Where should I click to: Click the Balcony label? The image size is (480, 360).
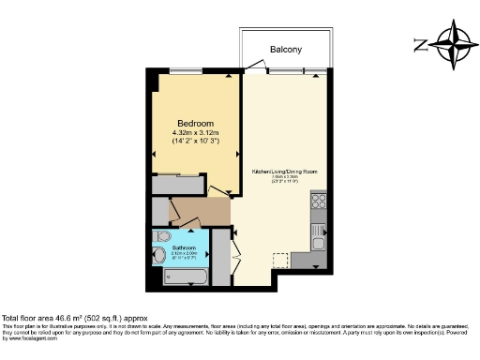(x=286, y=49)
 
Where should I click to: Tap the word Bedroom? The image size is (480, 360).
(x=196, y=124)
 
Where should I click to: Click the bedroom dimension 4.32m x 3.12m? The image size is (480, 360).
(x=196, y=133)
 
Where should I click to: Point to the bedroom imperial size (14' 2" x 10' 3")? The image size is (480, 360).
(x=196, y=142)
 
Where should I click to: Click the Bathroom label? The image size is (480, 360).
(x=184, y=247)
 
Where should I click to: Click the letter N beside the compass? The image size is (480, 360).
(x=421, y=44)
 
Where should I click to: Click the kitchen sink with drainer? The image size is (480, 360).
(x=319, y=234)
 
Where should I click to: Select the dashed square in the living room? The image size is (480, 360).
(x=279, y=260)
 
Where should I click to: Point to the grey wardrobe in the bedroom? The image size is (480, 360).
(x=176, y=185)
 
